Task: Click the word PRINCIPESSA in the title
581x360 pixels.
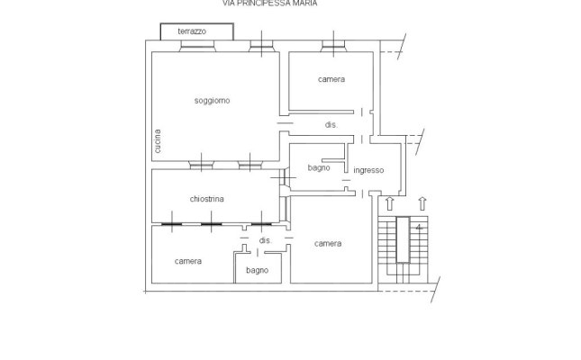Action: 272,4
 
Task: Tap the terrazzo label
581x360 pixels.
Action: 191,31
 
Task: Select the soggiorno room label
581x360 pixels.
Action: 213,100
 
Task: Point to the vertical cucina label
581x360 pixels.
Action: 157,142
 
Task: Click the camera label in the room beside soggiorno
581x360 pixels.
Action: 331,80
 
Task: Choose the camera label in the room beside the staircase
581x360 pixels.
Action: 328,244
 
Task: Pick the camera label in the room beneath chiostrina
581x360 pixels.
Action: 188,261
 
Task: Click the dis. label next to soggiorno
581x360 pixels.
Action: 331,126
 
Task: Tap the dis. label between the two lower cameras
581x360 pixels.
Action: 265,241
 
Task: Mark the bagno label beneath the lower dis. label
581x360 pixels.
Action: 257,270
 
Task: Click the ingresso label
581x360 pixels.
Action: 368,170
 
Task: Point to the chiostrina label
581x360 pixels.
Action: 207,199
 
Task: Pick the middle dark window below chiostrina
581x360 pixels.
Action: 211,222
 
